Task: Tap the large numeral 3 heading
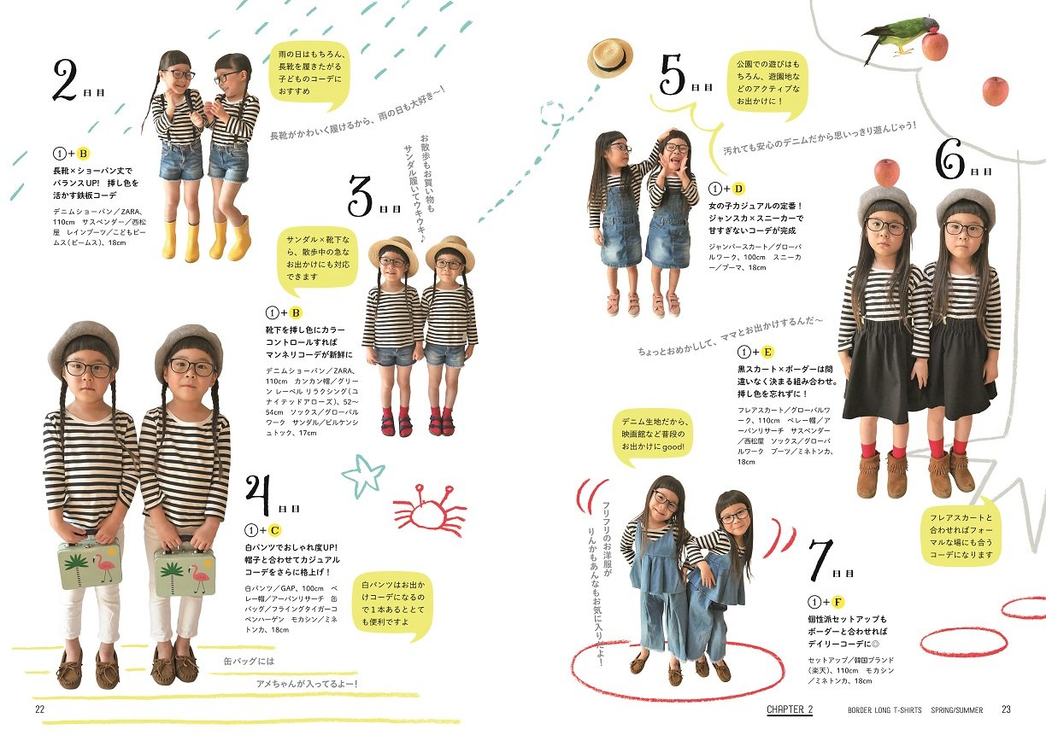pyautogui.click(x=362, y=196)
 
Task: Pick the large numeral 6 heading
pyautogui.click(x=949, y=159)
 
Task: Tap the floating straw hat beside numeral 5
pyautogui.click(x=609, y=58)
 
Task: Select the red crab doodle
pyautogui.click(x=429, y=510)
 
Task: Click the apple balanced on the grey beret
pyautogui.click(x=886, y=172)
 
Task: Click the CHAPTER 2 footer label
pyautogui.click(x=789, y=709)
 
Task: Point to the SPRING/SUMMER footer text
pyautogui.click(x=956, y=710)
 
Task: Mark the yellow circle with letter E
pyautogui.click(x=767, y=352)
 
